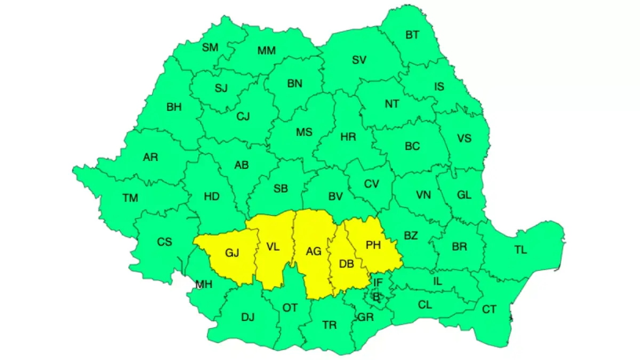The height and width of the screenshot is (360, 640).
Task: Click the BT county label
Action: point(412,35)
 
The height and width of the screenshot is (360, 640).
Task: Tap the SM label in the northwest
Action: point(210,47)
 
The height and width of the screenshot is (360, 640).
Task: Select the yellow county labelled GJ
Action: point(232,253)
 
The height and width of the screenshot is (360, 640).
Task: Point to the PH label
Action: point(373,245)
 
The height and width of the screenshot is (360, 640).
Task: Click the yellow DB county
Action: point(347,263)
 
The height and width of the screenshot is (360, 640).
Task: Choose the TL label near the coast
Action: point(521,250)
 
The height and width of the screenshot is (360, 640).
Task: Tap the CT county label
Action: point(489,309)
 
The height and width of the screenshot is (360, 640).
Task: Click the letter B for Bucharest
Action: point(376,297)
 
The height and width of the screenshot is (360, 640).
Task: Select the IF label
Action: point(378,283)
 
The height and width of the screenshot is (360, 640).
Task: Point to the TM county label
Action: point(130,198)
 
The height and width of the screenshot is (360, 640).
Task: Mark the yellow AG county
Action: point(313,251)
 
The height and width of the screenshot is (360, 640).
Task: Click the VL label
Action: point(273,246)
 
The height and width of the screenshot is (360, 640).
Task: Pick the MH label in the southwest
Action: point(204,284)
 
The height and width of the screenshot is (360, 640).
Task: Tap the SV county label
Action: point(359,60)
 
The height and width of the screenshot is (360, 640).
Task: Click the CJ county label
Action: point(243,116)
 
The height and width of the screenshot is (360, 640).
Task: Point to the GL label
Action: point(464,195)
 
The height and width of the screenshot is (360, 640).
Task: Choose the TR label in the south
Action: point(330,324)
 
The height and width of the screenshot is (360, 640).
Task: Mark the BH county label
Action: point(174,107)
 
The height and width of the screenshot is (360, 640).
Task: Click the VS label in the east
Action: point(464,138)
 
